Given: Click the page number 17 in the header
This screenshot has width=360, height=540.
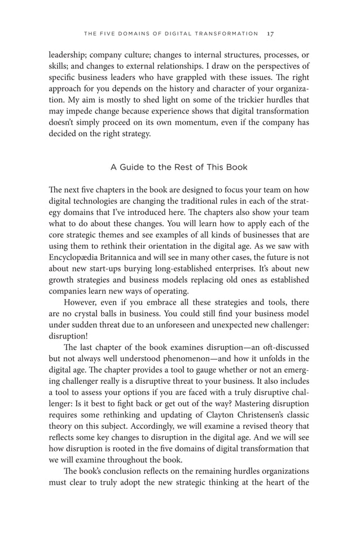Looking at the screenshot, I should pos(271,33).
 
